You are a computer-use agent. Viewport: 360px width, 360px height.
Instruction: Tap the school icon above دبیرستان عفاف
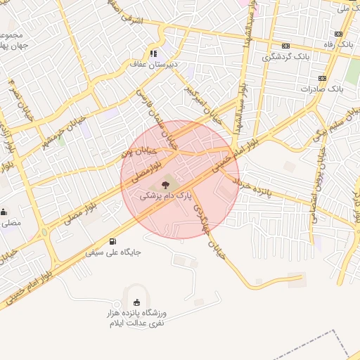point(153,53)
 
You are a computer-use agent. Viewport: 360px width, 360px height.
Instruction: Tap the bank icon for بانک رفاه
point(339,34)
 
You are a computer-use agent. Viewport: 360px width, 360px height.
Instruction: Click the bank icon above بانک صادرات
point(322,78)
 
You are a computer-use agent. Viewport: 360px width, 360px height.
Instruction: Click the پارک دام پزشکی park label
point(165,197)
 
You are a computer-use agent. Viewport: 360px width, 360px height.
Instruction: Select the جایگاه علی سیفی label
point(113,251)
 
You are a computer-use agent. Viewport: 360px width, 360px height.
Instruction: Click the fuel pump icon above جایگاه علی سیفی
point(113,241)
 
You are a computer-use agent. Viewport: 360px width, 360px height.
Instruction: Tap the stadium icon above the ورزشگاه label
point(136,302)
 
